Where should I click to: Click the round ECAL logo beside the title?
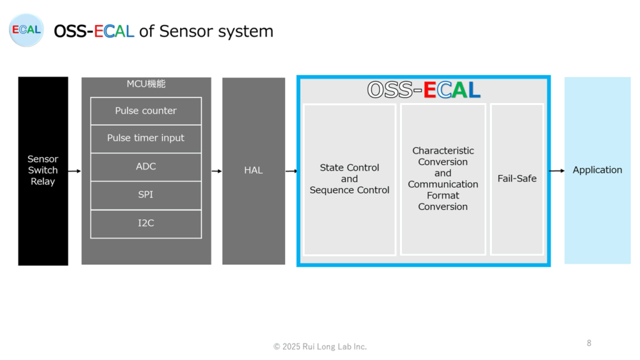click(x=26, y=30)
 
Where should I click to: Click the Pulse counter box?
click(x=146, y=111)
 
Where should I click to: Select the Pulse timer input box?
click(x=146, y=139)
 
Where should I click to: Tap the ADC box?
click(x=146, y=167)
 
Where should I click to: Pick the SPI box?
click(x=146, y=195)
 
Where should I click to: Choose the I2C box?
click(x=146, y=224)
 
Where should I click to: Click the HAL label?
click(x=254, y=170)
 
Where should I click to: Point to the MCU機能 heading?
click(x=146, y=84)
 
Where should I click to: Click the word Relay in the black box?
click(x=43, y=182)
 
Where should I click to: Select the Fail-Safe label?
click(x=517, y=178)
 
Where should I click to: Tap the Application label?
click(x=597, y=170)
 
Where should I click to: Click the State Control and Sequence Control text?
click(x=349, y=179)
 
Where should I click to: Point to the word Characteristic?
click(x=443, y=151)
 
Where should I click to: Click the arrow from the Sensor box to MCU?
click(x=75, y=171)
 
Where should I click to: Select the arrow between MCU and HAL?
click(x=217, y=171)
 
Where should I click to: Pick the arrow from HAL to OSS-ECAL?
click(x=291, y=171)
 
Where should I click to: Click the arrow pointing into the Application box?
click(x=557, y=171)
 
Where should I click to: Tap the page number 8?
click(x=589, y=343)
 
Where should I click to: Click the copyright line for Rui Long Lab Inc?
click(x=320, y=346)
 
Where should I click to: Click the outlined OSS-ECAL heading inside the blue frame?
click(x=424, y=90)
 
